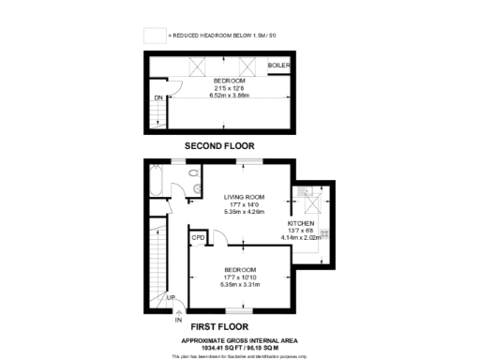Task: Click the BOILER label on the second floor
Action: (x=278, y=66)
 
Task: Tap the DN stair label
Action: (x=158, y=97)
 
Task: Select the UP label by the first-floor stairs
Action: (x=171, y=298)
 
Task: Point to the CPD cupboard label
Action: (x=198, y=239)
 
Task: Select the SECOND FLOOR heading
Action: (x=218, y=145)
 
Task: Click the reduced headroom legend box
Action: (x=154, y=35)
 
